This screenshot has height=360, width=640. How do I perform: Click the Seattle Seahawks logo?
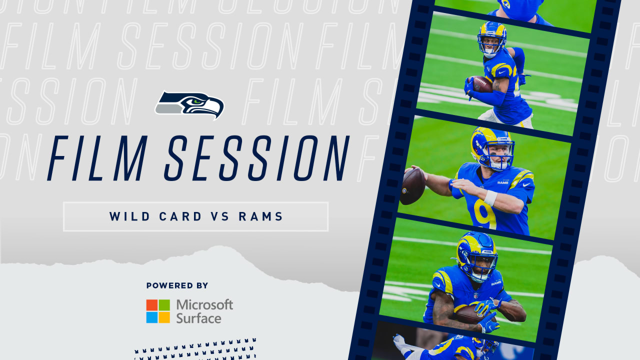189,105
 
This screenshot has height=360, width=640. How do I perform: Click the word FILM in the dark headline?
97,158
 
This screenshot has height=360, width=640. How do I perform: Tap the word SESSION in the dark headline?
257,158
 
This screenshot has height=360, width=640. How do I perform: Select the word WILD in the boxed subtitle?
129,216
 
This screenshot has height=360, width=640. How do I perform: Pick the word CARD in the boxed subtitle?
180,216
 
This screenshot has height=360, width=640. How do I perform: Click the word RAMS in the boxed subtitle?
261,216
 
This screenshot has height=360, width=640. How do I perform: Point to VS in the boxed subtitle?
220,216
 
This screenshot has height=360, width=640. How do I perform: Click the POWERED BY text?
177,285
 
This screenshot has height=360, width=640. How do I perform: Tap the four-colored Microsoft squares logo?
158,311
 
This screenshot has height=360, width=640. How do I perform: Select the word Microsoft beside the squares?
204,305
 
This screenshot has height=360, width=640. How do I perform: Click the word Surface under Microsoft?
198,318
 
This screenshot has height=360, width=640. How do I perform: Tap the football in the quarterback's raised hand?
412,186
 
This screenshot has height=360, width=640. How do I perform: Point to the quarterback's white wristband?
491,197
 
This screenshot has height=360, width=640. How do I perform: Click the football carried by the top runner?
482,84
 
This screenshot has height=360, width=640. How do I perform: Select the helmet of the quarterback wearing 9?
492,148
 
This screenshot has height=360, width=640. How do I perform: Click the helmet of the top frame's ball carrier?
492,38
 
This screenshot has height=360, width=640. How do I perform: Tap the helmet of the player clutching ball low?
477,255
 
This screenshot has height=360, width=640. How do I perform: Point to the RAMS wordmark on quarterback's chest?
503,182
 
